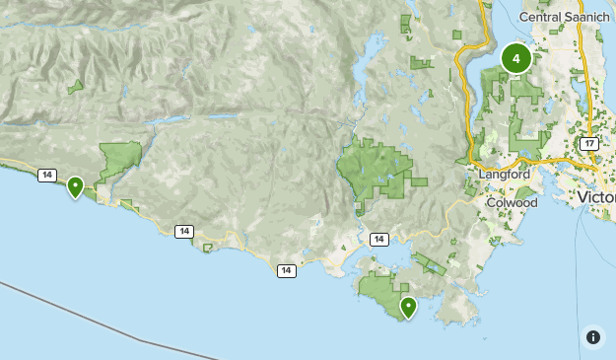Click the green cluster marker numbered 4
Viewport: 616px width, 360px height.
pos(515,58)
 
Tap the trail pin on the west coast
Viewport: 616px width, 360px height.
pos(75,185)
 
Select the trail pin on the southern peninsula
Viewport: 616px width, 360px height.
pos(407,308)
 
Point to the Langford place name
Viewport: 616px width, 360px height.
pos(504,174)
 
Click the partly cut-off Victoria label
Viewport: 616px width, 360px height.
pos(596,197)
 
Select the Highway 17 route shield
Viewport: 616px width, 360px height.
pos(589,144)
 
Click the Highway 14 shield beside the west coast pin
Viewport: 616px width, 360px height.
pos(46,175)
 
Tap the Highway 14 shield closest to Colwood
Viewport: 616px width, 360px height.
pos(379,239)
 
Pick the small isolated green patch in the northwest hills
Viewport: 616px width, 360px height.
pos(76,87)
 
